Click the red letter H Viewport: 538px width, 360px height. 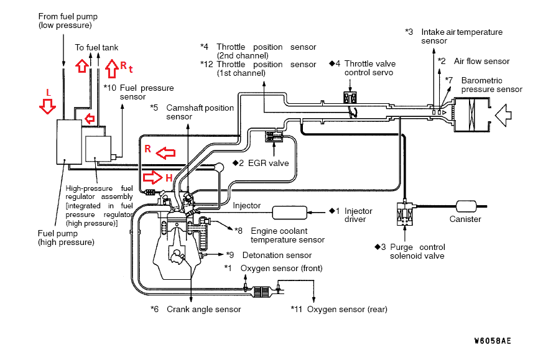click(169, 178)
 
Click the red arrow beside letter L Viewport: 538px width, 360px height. click(47, 106)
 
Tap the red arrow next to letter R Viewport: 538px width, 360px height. click(165, 153)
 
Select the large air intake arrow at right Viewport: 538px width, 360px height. click(503, 115)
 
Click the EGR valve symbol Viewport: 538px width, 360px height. click(274, 136)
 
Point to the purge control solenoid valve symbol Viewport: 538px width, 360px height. click(405, 215)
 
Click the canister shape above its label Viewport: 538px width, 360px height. click(466, 206)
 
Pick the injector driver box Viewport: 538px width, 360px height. click(290, 213)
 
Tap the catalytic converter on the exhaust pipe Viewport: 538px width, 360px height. click(262, 292)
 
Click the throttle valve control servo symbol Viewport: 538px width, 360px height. click(350, 98)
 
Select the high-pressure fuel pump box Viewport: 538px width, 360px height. click(69, 142)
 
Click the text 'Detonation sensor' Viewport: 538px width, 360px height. click(277, 256)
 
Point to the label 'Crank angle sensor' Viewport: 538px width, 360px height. click(204, 309)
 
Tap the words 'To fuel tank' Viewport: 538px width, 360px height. click(96, 47)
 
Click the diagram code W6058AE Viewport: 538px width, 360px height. click(493, 341)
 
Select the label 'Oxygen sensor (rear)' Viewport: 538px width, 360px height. click(347, 309)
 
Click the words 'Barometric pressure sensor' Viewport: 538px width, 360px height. click(492, 85)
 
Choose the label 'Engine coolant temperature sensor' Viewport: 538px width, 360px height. click(287, 235)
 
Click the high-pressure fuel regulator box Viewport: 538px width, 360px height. click(98, 149)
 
